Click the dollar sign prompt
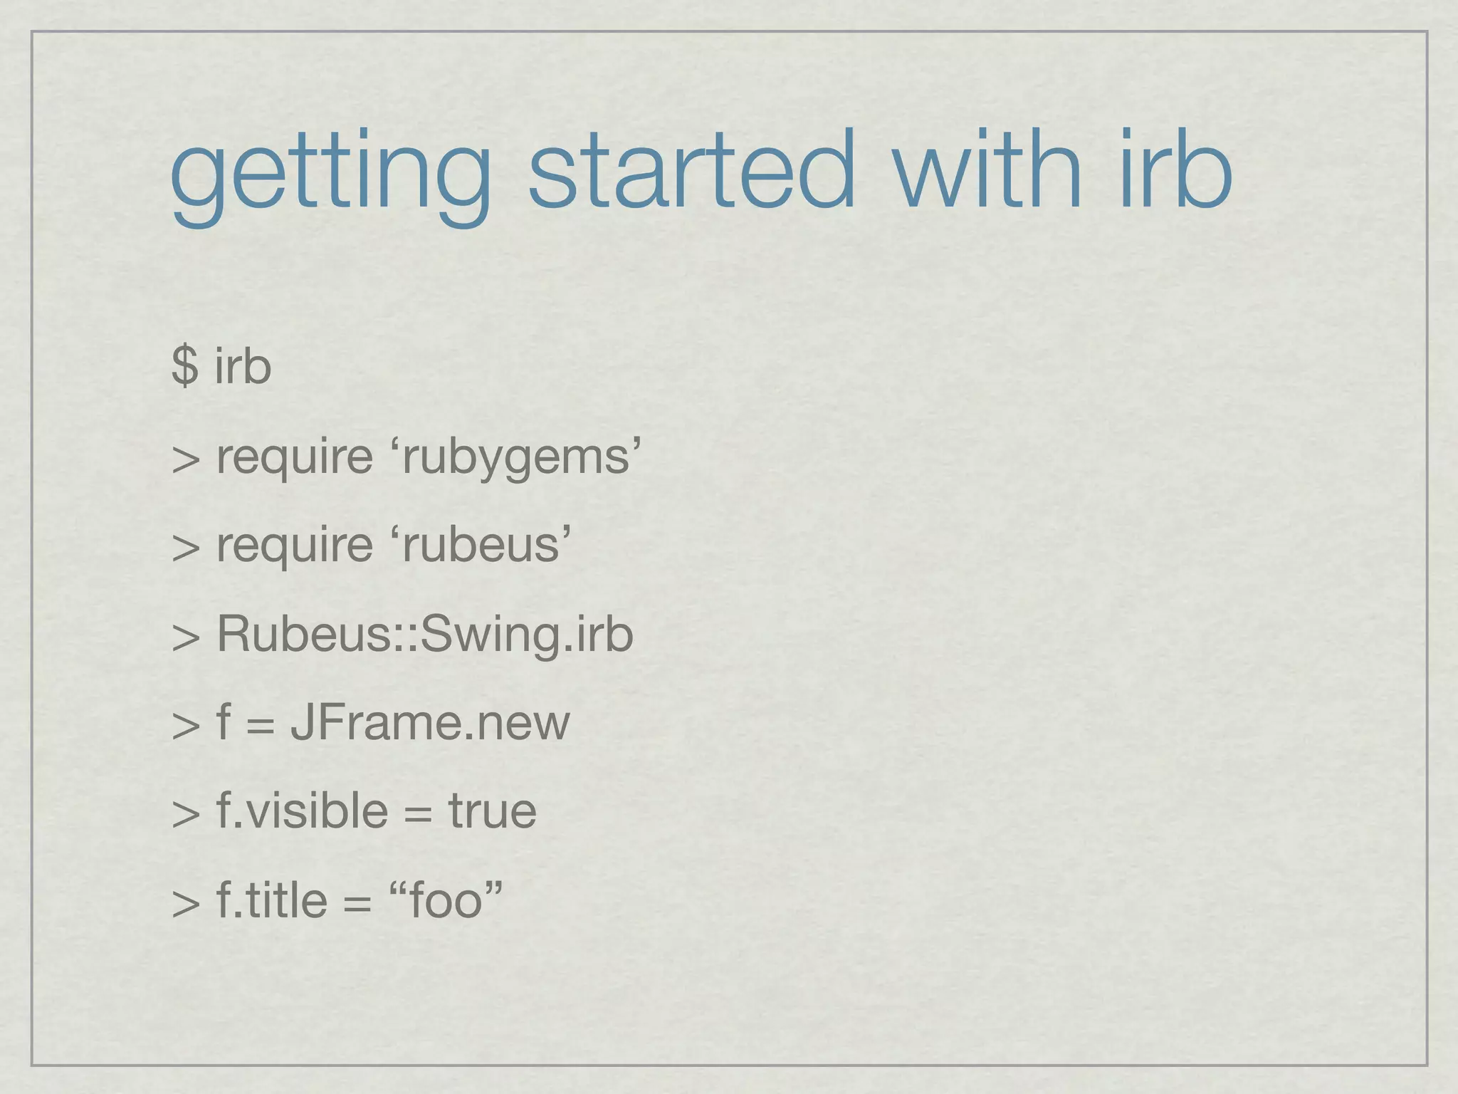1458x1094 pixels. (184, 366)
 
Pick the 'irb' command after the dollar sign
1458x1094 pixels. (243, 366)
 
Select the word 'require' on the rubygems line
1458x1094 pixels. (294, 457)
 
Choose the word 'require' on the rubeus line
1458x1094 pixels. (294, 546)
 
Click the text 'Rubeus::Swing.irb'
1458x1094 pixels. (425, 634)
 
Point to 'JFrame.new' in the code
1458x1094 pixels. (430, 722)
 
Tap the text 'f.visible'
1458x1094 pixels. (302, 811)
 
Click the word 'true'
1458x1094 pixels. (492, 811)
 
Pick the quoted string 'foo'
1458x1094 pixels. (447, 900)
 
